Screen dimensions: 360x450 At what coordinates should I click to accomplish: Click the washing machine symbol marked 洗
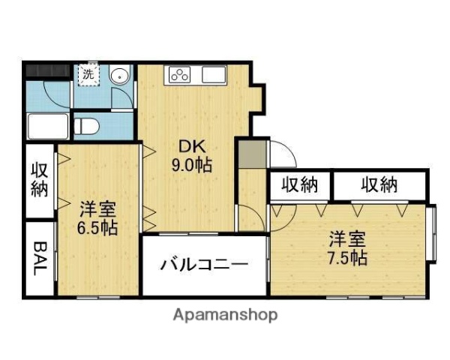pyautogui.click(x=88, y=74)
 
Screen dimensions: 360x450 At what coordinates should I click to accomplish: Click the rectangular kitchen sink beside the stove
pyautogui.click(x=213, y=73)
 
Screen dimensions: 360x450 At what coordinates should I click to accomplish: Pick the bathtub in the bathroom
pyautogui.click(x=48, y=124)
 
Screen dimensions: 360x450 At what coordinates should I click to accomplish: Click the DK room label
pyautogui.click(x=189, y=147)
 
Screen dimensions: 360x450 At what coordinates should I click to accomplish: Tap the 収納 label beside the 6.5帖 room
pyautogui.click(x=39, y=180)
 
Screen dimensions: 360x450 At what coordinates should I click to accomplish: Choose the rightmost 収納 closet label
pyautogui.click(x=379, y=184)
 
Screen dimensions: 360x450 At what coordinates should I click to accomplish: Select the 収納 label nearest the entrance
pyautogui.click(x=300, y=184)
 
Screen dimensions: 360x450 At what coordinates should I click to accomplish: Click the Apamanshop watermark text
pyautogui.click(x=225, y=315)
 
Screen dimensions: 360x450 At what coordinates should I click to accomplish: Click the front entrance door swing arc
pyautogui.click(x=282, y=154)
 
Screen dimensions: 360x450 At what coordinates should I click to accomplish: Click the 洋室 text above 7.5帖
pyautogui.click(x=346, y=240)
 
